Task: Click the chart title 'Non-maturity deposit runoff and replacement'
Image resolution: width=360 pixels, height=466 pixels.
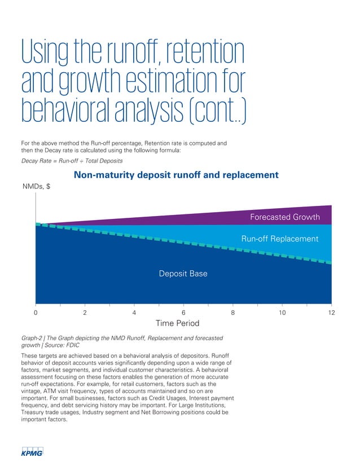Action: click(176, 175)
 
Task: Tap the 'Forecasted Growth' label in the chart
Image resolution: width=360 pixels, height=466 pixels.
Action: click(284, 217)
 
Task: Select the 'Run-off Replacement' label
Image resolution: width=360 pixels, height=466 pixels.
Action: click(279, 239)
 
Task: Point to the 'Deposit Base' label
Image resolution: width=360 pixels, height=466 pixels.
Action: click(183, 274)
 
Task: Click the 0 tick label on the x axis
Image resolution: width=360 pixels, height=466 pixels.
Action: click(36, 312)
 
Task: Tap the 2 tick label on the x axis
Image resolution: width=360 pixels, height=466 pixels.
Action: click(85, 312)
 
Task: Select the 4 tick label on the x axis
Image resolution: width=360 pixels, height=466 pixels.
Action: click(134, 312)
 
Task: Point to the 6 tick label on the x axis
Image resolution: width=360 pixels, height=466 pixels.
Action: click(183, 312)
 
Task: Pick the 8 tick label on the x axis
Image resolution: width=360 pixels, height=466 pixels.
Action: click(232, 312)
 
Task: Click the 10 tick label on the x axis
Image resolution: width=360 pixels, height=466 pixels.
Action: click(282, 312)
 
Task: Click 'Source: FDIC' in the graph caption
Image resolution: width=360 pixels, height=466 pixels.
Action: click(65, 345)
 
